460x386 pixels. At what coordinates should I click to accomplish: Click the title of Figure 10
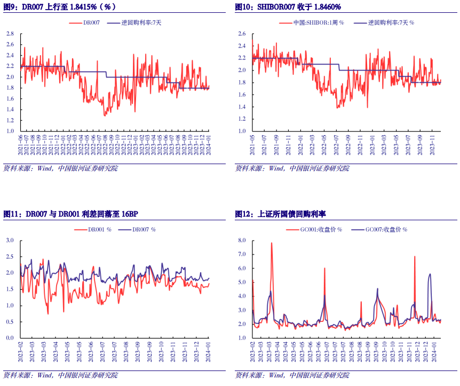coord(288,7)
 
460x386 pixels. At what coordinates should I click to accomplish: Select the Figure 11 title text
coord(71,214)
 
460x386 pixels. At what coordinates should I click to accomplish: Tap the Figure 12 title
coord(281,214)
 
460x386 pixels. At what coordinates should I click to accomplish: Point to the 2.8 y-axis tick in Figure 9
coord(10,34)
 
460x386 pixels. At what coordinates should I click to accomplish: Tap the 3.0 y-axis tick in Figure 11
coord(10,241)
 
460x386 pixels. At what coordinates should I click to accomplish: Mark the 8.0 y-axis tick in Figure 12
coord(241,241)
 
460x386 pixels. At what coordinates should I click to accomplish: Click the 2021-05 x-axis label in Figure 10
coord(252,145)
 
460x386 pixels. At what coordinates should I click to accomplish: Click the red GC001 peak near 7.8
coord(272,243)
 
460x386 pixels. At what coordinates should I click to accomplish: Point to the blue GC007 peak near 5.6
coord(430,274)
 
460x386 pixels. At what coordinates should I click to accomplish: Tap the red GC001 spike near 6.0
coord(324,268)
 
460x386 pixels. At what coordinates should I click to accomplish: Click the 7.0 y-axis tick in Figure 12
coord(241,254)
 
